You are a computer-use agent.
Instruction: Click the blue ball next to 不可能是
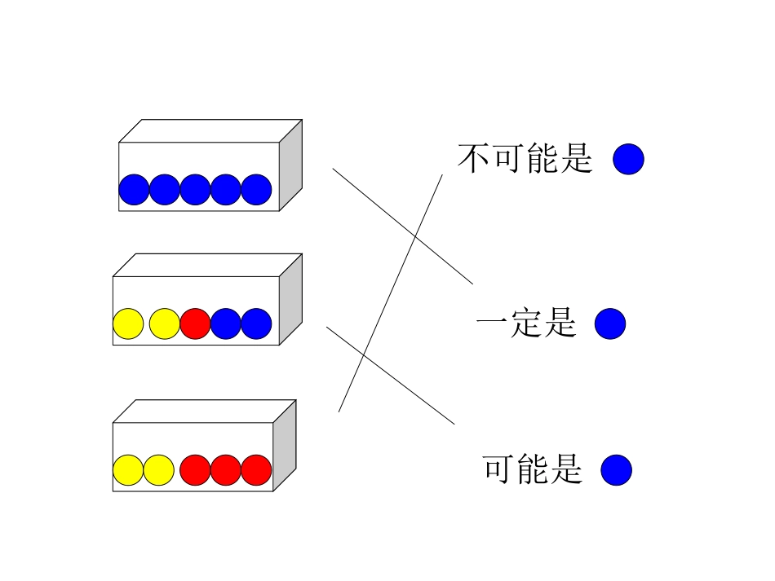pos(628,159)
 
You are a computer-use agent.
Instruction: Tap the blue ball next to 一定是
pos(609,324)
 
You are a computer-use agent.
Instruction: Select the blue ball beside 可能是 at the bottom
pos(616,470)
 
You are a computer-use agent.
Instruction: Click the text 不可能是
pos(525,159)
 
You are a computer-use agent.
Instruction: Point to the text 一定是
pos(526,324)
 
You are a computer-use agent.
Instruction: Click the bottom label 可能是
pos(533,470)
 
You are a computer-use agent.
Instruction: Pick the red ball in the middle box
pos(195,324)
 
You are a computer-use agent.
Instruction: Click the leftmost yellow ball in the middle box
pos(128,324)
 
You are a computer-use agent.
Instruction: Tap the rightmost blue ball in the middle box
pos(256,324)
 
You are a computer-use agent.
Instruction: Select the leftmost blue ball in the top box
pos(134,189)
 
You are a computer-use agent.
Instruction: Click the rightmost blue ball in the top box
pos(256,189)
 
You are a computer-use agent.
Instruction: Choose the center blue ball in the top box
pos(195,189)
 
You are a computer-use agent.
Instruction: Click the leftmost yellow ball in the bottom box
pos(128,469)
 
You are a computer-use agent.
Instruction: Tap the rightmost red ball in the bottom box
pos(256,469)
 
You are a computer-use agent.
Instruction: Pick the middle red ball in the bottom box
pos(226,469)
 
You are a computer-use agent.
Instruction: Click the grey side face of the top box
pos(290,166)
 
